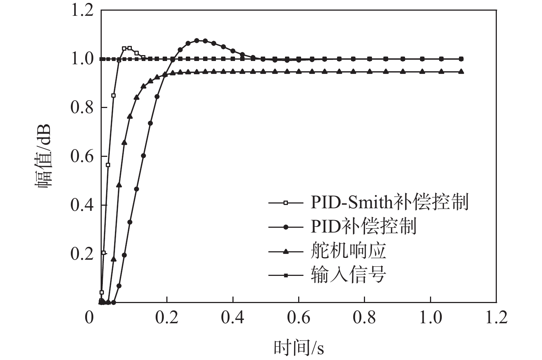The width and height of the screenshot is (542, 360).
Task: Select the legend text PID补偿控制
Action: point(364,226)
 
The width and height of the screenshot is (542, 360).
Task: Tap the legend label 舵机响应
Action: point(348,251)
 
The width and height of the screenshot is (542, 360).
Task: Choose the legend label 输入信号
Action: point(348,275)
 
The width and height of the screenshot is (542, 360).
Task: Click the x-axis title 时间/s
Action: point(299,348)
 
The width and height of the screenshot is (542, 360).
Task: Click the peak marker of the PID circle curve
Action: point(196,40)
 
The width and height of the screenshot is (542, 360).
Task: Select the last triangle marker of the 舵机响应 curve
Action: point(461,72)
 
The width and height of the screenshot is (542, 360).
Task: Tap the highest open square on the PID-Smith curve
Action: point(129,48)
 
